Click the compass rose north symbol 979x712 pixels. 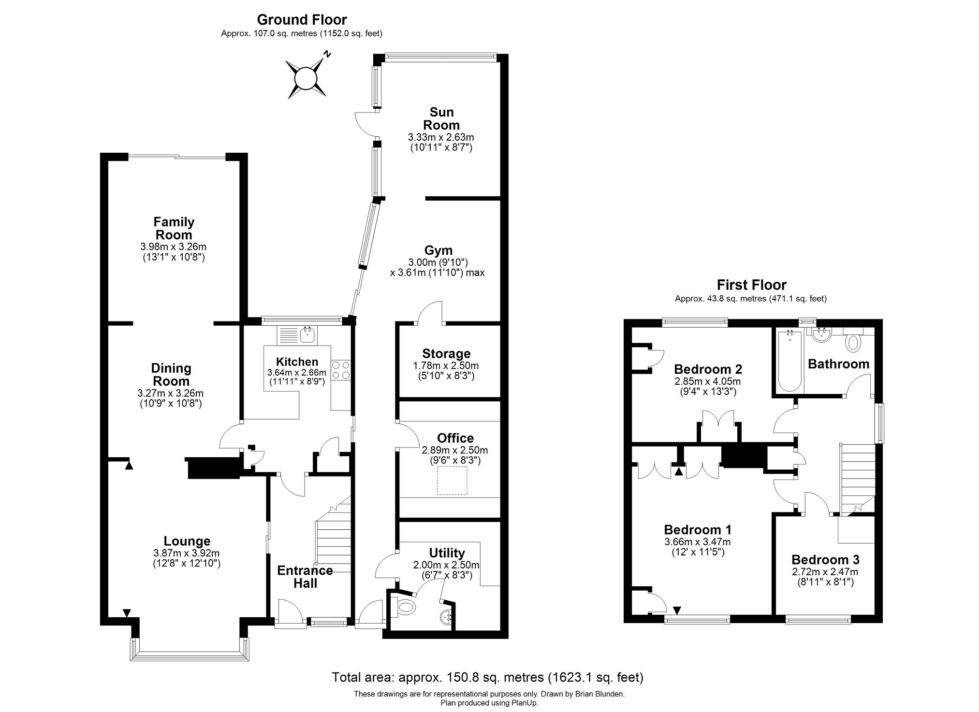(x=306, y=77)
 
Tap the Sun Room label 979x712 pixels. (x=441, y=118)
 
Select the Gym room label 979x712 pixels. (x=438, y=250)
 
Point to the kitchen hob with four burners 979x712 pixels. (x=341, y=370)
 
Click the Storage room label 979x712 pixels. (x=446, y=354)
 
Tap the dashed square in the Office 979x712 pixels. (x=453, y=480)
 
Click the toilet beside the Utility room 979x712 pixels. (x=404, y=606)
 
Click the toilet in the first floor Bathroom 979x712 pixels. (x=853, y=340)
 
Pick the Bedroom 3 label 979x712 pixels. (x=825, y=560)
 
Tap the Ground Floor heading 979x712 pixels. (x=302, y=20)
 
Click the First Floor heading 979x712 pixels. (x=751, y=285)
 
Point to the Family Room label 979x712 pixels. (x=174, y=228)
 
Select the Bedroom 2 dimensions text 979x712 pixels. (x=708, y=386)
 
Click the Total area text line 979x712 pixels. (x=487, y=677)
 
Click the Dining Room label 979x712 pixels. (x=171, y=375)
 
